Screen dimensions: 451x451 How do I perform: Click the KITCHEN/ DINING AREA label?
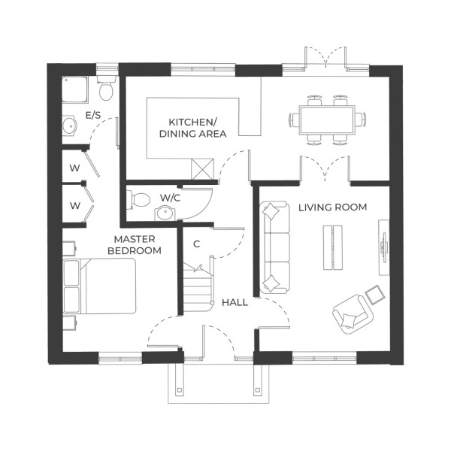click(194, 128)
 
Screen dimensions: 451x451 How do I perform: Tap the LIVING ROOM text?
click(332, 207)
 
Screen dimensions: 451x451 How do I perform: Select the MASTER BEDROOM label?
click(135, 245)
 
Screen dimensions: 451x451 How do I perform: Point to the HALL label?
click(235, 302)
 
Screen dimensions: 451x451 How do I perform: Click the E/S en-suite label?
click(93, 116)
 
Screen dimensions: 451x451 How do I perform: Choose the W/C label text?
click(170, 198)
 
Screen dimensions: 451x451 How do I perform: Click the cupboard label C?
click(196, 244)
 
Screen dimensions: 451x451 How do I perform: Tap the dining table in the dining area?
click(327, 118)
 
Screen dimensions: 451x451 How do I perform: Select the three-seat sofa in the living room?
click(274, 247)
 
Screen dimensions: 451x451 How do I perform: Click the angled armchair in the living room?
click(350, 311)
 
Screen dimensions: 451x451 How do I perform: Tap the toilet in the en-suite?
click(107, 87)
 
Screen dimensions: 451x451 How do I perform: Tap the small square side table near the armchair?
click(373, 292)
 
